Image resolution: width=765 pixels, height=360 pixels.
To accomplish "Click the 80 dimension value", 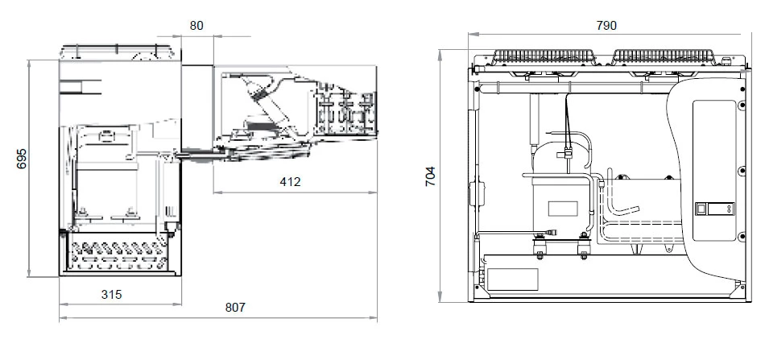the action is [x=196, y=25].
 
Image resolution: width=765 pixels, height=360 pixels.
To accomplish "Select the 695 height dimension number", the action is [x=22, y=159].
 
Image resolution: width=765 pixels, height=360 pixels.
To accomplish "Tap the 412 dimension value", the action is [x=290, y=182].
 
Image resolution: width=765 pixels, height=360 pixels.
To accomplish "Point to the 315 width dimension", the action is [x=112, y=295].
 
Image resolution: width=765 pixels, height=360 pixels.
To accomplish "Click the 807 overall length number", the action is [x=235, y=308].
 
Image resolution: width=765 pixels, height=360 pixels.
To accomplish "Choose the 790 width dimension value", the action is [x=606, y=25].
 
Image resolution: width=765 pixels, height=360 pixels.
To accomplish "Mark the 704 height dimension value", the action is [x=430, y=176].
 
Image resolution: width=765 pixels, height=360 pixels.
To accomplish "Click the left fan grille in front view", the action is [x=544, y=56].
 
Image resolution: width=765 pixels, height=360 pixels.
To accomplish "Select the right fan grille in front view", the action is [x=664, y=56].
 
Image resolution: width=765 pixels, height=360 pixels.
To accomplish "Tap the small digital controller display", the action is [x=715, y=209].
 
